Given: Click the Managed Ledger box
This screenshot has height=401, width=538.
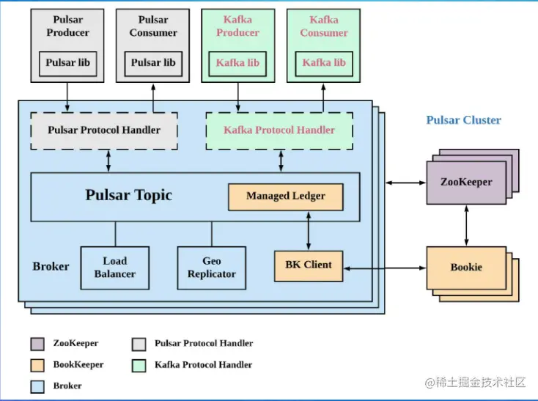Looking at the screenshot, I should click(x=286, y=196).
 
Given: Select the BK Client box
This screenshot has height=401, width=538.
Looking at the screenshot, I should click(x=308, y=265).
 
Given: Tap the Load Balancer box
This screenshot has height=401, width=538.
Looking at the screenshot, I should click(x=114, y=268).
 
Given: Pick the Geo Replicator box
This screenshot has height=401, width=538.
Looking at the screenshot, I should click(x=212, y=268).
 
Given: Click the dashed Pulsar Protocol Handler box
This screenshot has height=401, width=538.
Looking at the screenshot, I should click(x=104, y=130).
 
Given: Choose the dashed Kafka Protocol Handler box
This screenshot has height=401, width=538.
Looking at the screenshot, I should click(x=279, y=130).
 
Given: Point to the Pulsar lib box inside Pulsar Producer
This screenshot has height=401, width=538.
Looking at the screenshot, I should click(x=67, y=63).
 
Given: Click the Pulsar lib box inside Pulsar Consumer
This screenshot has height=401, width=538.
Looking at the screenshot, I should click(x=153, y=63).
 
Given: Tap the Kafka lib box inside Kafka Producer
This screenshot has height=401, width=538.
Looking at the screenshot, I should click(x=237, y=63).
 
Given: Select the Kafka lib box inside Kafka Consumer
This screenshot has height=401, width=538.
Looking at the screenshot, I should click(x=323, y=63).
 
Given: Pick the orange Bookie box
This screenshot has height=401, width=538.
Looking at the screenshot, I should click(x=466, y=268).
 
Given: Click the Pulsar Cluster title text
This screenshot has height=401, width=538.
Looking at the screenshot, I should click(x=463, y=120).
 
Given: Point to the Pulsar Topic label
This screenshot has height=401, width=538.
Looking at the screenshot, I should click(x=129, y=195).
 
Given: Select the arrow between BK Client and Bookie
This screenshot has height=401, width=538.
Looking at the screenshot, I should click(x=385, y=269).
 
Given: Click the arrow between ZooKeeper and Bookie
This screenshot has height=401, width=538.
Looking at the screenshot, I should click(x=466, y=225).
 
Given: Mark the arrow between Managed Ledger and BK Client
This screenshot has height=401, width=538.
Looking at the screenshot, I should click(x=308, y=230).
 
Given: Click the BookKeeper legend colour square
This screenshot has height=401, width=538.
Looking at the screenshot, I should click(x=37, y=364).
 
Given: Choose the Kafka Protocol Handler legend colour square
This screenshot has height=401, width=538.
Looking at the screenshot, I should click(x=139, y=364).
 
